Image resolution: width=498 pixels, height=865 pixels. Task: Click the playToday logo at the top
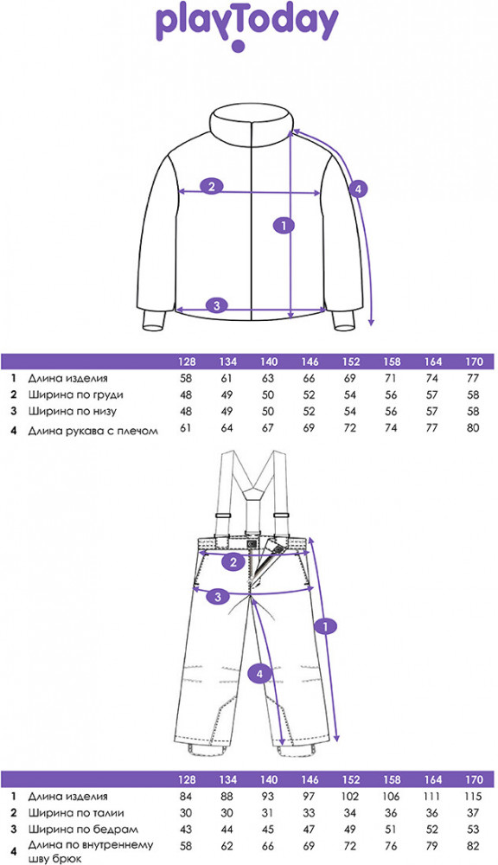[246, 27]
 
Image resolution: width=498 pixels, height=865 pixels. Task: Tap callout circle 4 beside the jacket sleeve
[357, 189]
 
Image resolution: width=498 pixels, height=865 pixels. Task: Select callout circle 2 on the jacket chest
[212, 186]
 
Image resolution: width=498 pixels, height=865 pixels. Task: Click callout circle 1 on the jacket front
[284, 225]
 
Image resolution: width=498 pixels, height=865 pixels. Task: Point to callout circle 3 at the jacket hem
[217, 305]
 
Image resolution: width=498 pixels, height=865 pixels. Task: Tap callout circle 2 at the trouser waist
[233, 562]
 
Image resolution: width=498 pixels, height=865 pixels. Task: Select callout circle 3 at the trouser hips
[219, 596]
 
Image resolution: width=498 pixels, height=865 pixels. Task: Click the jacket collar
[252, 125]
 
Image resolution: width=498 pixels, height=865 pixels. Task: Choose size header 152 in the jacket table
[351, 362]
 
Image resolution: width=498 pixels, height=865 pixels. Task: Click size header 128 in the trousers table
[187, 780]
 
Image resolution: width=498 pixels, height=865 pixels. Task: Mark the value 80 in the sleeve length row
[473, 427]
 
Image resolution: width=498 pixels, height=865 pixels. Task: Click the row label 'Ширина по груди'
[76, 395]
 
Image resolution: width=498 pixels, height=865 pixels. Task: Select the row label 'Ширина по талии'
[76, 813]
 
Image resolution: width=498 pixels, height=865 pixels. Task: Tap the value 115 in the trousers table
[473, 797]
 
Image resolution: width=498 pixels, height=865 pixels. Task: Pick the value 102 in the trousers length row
[350, 797]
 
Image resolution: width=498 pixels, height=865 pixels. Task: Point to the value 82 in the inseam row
[473, 846]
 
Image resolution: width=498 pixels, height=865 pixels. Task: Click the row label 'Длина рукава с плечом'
[93, 431]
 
